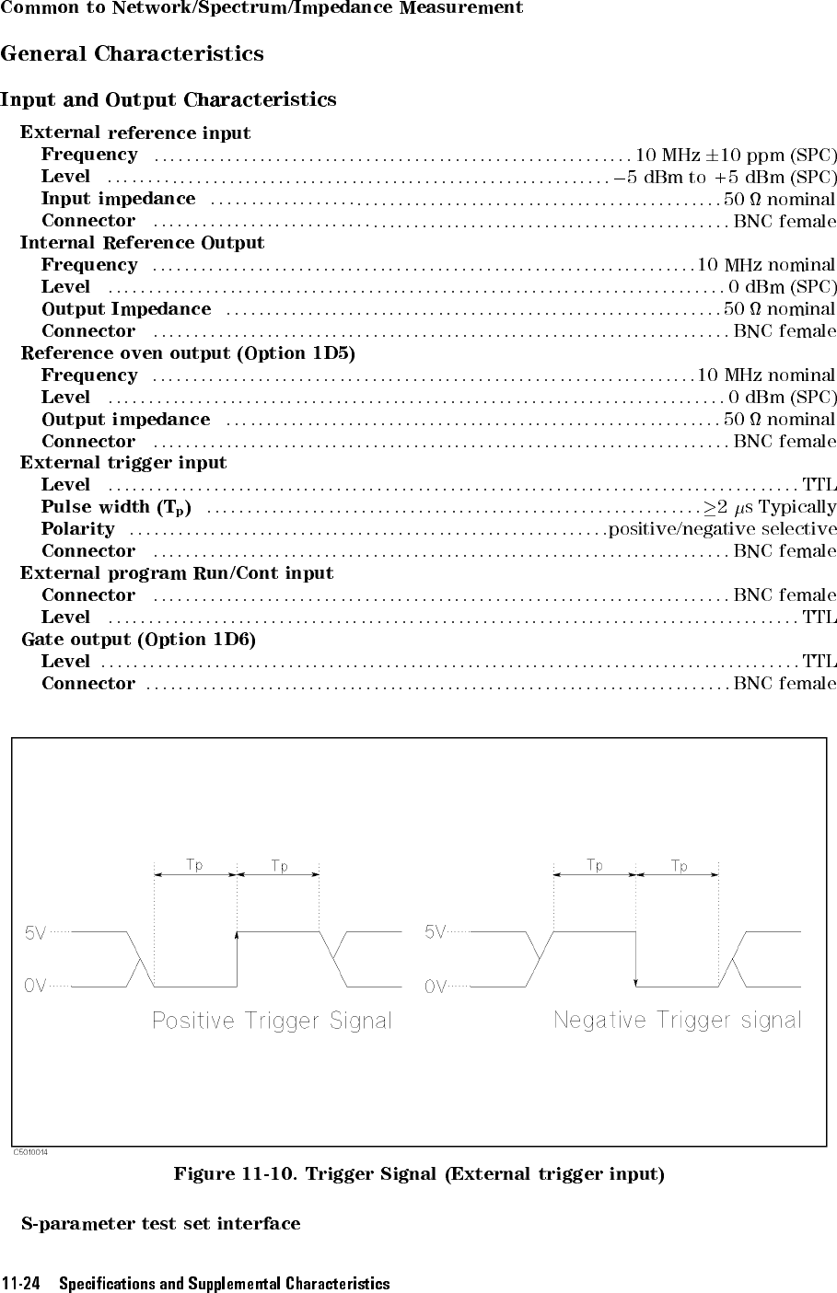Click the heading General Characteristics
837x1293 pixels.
pyautogui.click(x=133, y=53)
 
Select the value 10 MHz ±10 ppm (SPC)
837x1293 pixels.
pyautogui.click(x=736, y=155)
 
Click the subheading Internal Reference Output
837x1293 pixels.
pyautogui.click(x=142, y=243)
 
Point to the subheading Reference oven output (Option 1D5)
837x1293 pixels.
pyautogui.click(x=188, y=353)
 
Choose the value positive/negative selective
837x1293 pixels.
pyautogui.click(x=723, y=529)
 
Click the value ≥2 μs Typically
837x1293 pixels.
pyautogui.click(x=770, y=507)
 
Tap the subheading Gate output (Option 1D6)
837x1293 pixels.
pyautogui.click(x=138, y=640)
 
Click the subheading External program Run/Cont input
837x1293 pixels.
pyautogui.click(x=177, y=573)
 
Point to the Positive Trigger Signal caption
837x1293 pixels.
pyautogui.click(x=272, y=1021)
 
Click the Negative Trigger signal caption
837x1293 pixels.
pyautogui.click(x=677, y=1020)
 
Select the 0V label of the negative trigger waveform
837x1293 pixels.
pyautogui.click(x=436, y=987)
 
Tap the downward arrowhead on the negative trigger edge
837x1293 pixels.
pyautogui.click(x=636, y=982)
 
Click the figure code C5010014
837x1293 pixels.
pyautogui.click(x=30, y=1151)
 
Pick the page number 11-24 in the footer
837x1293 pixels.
pyautogui.click(x=22, y=1284)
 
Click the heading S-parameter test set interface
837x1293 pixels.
pyautogui.click(x=161, y=1224)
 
